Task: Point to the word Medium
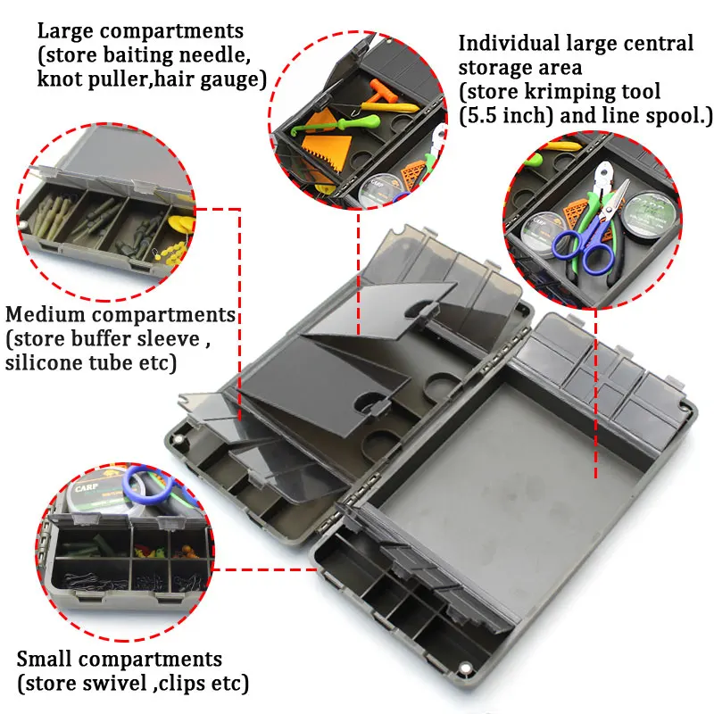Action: coord(52,315)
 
